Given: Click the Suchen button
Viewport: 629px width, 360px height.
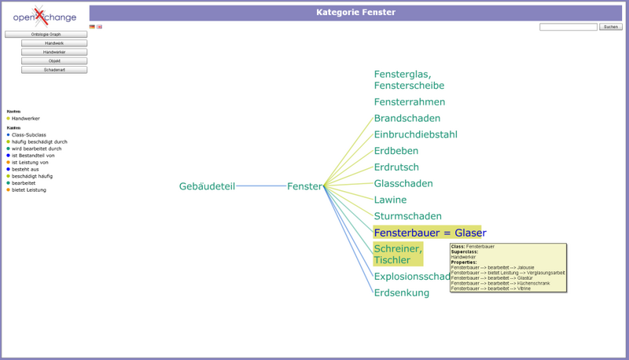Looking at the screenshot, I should [611, 27].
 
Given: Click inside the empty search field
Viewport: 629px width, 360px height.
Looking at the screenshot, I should [568, 27].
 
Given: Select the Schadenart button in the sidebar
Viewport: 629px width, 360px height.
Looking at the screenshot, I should [54, 70].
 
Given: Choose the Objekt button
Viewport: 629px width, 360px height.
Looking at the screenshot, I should [54, 61].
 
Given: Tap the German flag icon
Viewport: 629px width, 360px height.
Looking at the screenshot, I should [92, 27].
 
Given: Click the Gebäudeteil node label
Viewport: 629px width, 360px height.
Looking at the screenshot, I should [207, 186].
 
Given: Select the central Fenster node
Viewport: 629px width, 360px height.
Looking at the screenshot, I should [304, 186].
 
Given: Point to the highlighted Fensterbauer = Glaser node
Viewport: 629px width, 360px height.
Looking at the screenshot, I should [429, 233].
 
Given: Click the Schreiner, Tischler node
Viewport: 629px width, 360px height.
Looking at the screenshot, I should [398, 254].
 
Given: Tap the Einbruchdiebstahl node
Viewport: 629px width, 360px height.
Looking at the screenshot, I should [415, 134].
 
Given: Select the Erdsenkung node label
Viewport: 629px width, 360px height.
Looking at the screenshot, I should [401, 292].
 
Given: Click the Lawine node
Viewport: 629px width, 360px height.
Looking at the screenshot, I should [390, 200].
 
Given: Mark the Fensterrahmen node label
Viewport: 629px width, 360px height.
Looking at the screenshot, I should [409, 102].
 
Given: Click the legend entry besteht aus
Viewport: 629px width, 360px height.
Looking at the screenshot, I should [30, 169].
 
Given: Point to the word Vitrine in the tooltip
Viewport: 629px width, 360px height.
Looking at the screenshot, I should [523, 288].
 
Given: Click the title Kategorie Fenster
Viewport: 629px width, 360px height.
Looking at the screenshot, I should [355, 13].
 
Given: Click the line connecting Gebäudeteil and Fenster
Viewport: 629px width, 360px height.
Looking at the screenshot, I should [261, 186].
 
